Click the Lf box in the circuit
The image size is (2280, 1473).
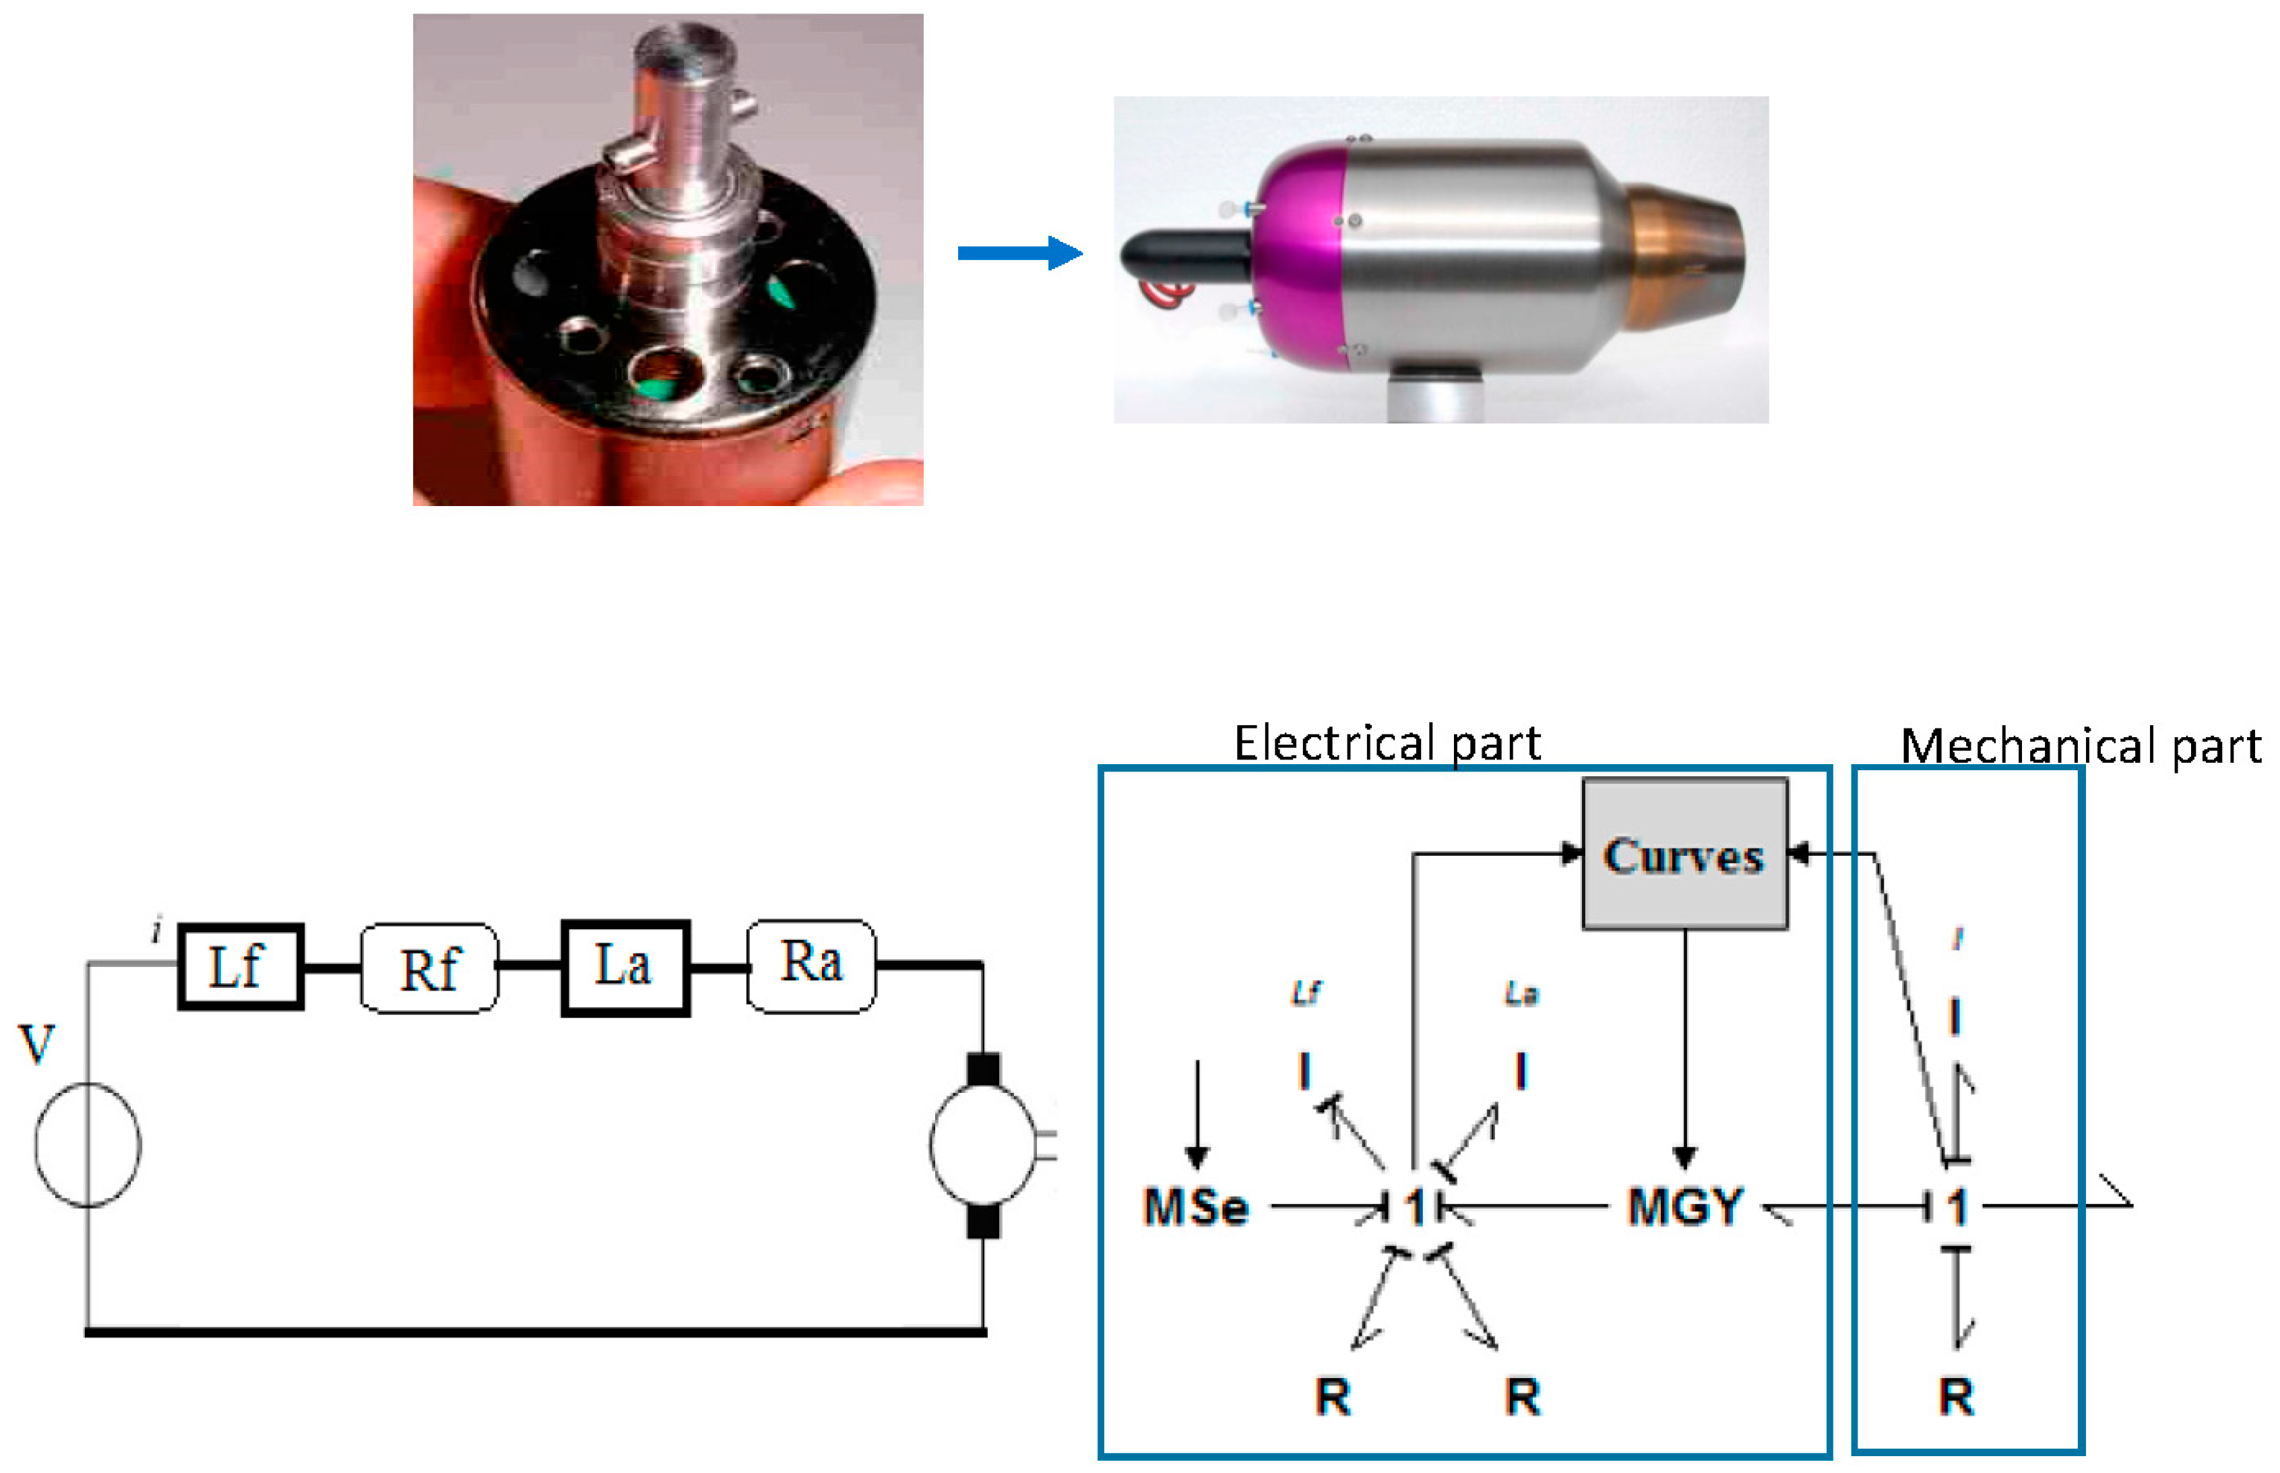tap(241, 967)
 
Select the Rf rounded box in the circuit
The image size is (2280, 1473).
tap(429, 968)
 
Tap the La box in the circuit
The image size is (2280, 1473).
tap(625, 967)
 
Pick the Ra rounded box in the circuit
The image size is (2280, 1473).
tap(810, 965)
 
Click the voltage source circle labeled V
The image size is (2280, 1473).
tap(88, 1145)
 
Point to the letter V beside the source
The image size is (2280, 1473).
tap(36, 1044)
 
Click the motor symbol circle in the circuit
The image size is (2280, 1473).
tap(982, 1145)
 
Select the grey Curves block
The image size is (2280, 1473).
tap(1684, 854)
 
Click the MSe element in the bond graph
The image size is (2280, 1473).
tap(1195, 1207)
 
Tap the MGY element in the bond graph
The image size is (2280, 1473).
tap(1685, 1207)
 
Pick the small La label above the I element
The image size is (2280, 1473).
tap(1521, 995)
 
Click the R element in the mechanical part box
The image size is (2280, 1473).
tap(1956, 1398)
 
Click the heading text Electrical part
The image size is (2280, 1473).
tap(1387, 743)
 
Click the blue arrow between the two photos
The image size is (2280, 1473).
tap(1019, 253)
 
